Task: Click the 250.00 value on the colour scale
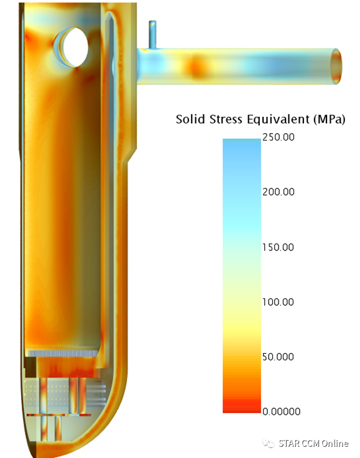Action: tap(278, 137)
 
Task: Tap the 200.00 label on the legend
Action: tap(278, 192)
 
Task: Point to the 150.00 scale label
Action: tap(278, 247)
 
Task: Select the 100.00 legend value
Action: tap(278, 302)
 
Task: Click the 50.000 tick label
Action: tap(278, 357)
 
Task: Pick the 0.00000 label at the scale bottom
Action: tap(282, 411)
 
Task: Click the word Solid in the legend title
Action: tap(190, 119)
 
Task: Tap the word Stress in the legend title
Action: tap(226, 119)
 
